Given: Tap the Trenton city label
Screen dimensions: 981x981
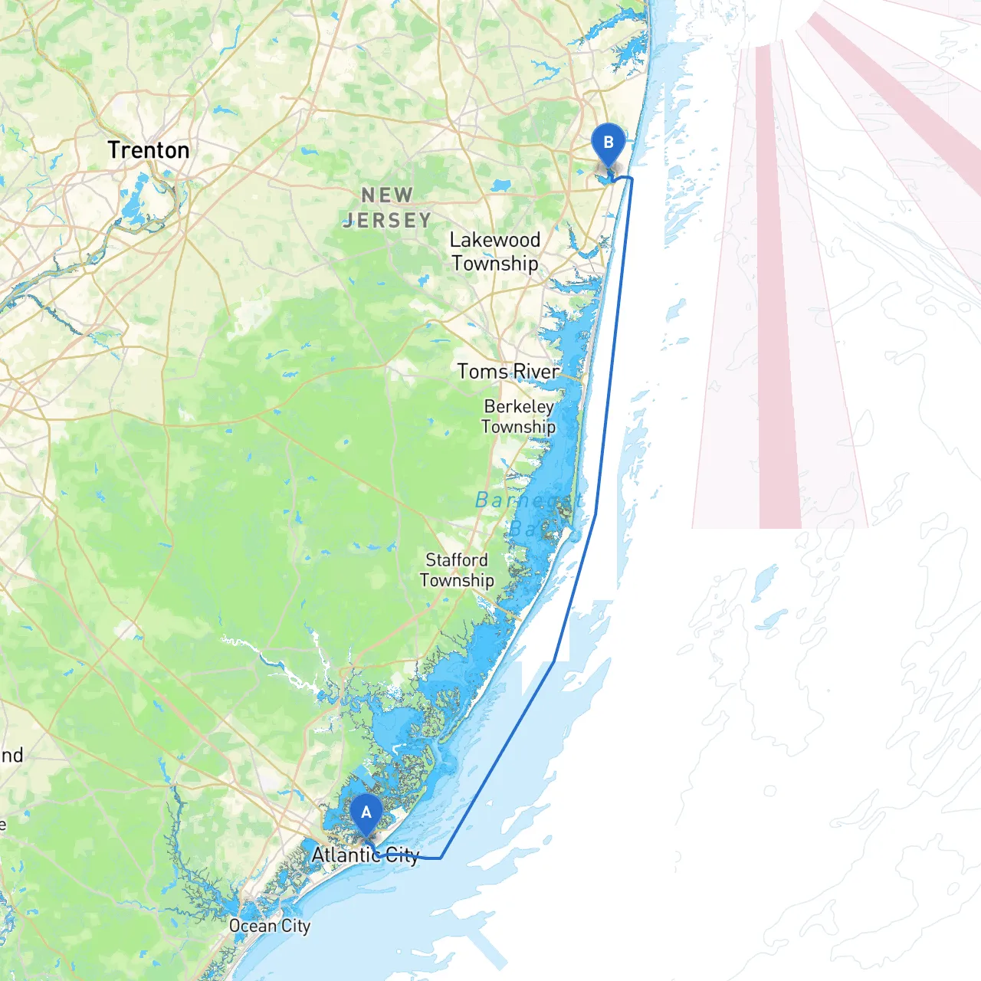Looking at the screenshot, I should pos(149,150).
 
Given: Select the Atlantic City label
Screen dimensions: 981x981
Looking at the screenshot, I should pos(366,855).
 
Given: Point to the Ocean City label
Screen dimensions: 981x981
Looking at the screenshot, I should pos(270,926).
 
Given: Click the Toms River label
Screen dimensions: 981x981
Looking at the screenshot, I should pos(508,372).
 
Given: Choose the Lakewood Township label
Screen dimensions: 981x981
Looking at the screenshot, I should pos(495,251).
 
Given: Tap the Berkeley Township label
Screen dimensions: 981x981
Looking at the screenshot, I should pos(519,416).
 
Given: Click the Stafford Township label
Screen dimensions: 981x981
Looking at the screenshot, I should pos(457,570).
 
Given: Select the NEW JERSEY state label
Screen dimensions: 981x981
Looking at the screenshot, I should pos(388,208).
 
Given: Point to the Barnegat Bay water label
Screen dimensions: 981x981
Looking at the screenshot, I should pos(529,513).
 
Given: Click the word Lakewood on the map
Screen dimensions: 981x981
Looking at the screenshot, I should pos(495,240).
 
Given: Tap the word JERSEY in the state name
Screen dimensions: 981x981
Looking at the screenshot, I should pos(388,221).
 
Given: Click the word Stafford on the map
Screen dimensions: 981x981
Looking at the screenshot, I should pos(457,560).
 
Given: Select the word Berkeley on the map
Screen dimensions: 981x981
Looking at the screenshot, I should pos(519,406).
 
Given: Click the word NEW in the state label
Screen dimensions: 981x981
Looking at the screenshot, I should pos(388,195).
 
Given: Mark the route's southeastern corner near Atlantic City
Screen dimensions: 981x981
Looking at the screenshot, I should pos(441,858).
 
